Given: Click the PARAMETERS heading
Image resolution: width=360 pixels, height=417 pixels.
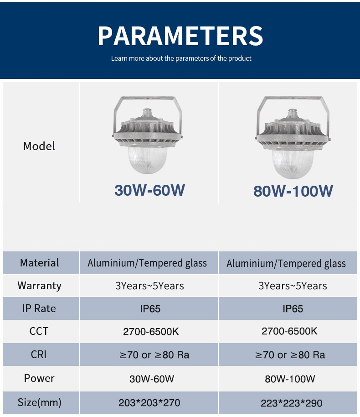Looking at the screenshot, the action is point(180,36).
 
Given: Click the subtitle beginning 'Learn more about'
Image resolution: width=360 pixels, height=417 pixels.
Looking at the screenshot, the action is point(181,58).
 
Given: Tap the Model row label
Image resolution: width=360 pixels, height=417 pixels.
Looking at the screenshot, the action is point(39,146).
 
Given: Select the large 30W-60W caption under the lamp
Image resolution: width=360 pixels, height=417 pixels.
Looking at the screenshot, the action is point(149,190).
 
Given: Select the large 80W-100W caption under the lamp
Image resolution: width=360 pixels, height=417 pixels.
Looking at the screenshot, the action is point(293,191).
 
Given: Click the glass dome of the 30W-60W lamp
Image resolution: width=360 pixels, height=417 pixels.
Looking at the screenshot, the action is point(148,159).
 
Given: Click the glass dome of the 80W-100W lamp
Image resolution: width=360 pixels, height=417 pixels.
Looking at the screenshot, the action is point(293,163).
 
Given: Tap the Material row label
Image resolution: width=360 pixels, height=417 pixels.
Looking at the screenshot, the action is point(39,263).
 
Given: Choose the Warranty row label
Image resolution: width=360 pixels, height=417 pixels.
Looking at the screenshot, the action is point(39,286).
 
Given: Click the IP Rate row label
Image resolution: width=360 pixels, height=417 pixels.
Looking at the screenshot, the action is point(39,308).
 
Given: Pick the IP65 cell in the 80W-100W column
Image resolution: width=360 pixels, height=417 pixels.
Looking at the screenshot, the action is point(293,309).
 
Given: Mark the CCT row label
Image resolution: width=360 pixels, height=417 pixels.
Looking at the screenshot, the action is point(39,331).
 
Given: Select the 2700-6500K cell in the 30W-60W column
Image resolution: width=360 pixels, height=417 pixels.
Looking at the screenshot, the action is point(151,332).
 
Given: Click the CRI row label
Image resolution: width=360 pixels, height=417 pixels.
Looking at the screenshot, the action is point(39,354).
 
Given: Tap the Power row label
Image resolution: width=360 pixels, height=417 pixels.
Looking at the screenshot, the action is point(39,378).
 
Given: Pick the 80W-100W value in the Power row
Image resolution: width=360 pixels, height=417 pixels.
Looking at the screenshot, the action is point(290,379).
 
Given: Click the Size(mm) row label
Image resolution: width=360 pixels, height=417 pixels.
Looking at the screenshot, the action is point(39,402).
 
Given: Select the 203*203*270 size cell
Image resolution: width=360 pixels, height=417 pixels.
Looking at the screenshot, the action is point(149,403).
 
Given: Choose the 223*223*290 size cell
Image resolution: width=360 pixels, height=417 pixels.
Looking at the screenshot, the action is point(292,403).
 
